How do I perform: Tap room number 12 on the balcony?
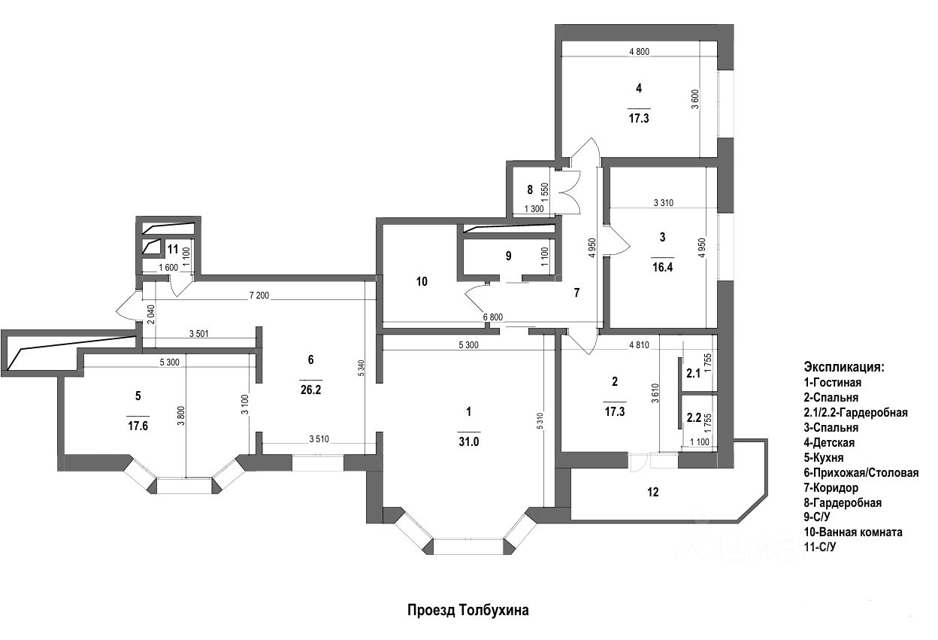pyautogui.click(x=653, y=493)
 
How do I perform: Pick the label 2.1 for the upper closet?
pyautogui.click(x=693, y=372)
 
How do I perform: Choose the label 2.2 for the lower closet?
pyautogui.click(x=693, y=417)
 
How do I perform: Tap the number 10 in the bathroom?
pyautogui.click(x=421, y=282)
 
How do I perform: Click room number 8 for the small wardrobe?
pyautogui.click(x=530, y=190)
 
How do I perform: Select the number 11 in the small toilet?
pyautogui.click(x=173, y=249)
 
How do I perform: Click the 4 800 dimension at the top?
pyautogui.click(x=638, y=52)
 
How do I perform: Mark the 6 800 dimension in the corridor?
pyautogui.click(x=492, y=317)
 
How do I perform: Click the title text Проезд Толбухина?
pyautogui.click(x=467, y=611)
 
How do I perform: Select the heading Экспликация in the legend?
pyautogui.click(x=844, y=368)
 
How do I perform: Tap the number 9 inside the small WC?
pyautogui.click(x=508, y=256)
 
